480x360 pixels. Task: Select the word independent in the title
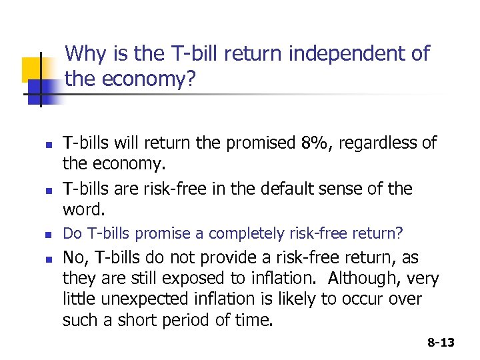pyautogui.click(x=323, y=53)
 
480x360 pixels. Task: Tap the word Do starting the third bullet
pyautogui.click(x=71, y=234)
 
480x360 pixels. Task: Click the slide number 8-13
pyautogui.click(x=440, y=343)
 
